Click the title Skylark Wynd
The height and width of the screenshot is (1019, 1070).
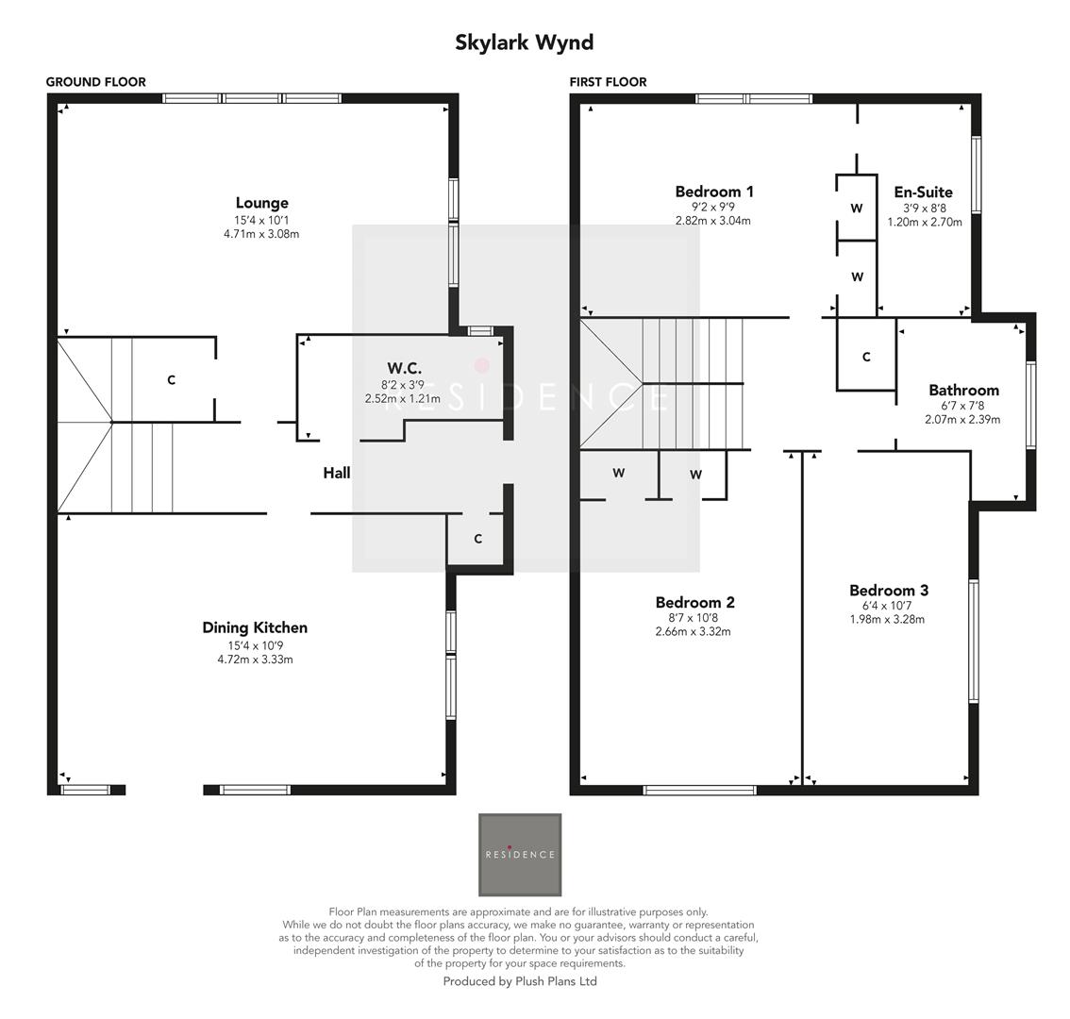tap(524, 42)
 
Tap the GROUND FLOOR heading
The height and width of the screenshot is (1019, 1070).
tap(96, 82)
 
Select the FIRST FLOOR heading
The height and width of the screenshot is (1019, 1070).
tap(608, 82)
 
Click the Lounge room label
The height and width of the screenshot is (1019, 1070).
tap(261, 203)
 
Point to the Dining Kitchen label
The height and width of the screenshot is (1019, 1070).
tap(255, 627)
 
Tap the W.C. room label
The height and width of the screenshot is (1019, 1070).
tap(404, 368)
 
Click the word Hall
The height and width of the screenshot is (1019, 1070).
tap(337, 473)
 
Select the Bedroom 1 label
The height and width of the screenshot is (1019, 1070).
tap(714, 192)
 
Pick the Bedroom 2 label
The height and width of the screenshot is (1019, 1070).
tap(694, 602)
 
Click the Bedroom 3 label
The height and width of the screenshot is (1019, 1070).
tap(888, 591)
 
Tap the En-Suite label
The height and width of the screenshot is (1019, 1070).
tap(923, 192)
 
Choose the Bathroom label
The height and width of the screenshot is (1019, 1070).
tap(963, 390)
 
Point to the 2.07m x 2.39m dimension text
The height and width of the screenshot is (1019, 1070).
tap(962, 420)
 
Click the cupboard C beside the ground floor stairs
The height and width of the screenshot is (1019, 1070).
tap(171, 380)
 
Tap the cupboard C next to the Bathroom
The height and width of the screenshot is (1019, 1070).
tap(866, 357)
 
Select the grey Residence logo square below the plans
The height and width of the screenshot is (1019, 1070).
tap(520, 855)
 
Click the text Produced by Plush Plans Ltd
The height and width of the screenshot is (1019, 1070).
tap(520, 981)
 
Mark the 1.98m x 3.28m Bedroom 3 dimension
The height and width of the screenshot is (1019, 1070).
tap(887, 620)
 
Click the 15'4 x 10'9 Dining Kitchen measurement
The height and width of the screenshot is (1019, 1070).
tap(255, 645)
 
